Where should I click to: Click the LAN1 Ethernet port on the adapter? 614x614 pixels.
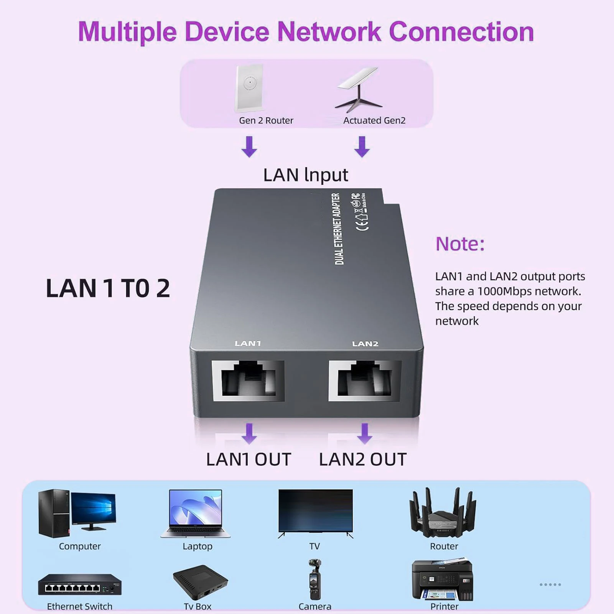click(x=248, y=380)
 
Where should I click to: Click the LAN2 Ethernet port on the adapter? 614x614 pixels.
click(x=365, y=380)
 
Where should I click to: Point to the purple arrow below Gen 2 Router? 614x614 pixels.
click(x=249, y=147)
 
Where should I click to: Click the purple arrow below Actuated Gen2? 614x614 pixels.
click(x=362, y=147)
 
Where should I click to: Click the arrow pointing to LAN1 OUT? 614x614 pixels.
click(x=249, y=434)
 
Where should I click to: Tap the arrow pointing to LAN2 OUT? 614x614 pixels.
click(x=364, y=434)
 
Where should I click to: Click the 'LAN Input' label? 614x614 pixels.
click(x=305, y=175)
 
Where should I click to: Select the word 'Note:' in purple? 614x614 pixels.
click(x=460, y=244)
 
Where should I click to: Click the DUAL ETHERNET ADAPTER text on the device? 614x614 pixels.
click(x=337, y=229)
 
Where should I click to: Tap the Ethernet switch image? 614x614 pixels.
click(x=80, y=584)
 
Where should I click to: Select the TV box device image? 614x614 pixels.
click(x=200, y=582)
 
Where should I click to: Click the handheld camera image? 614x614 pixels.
click(x=314, y=579)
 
